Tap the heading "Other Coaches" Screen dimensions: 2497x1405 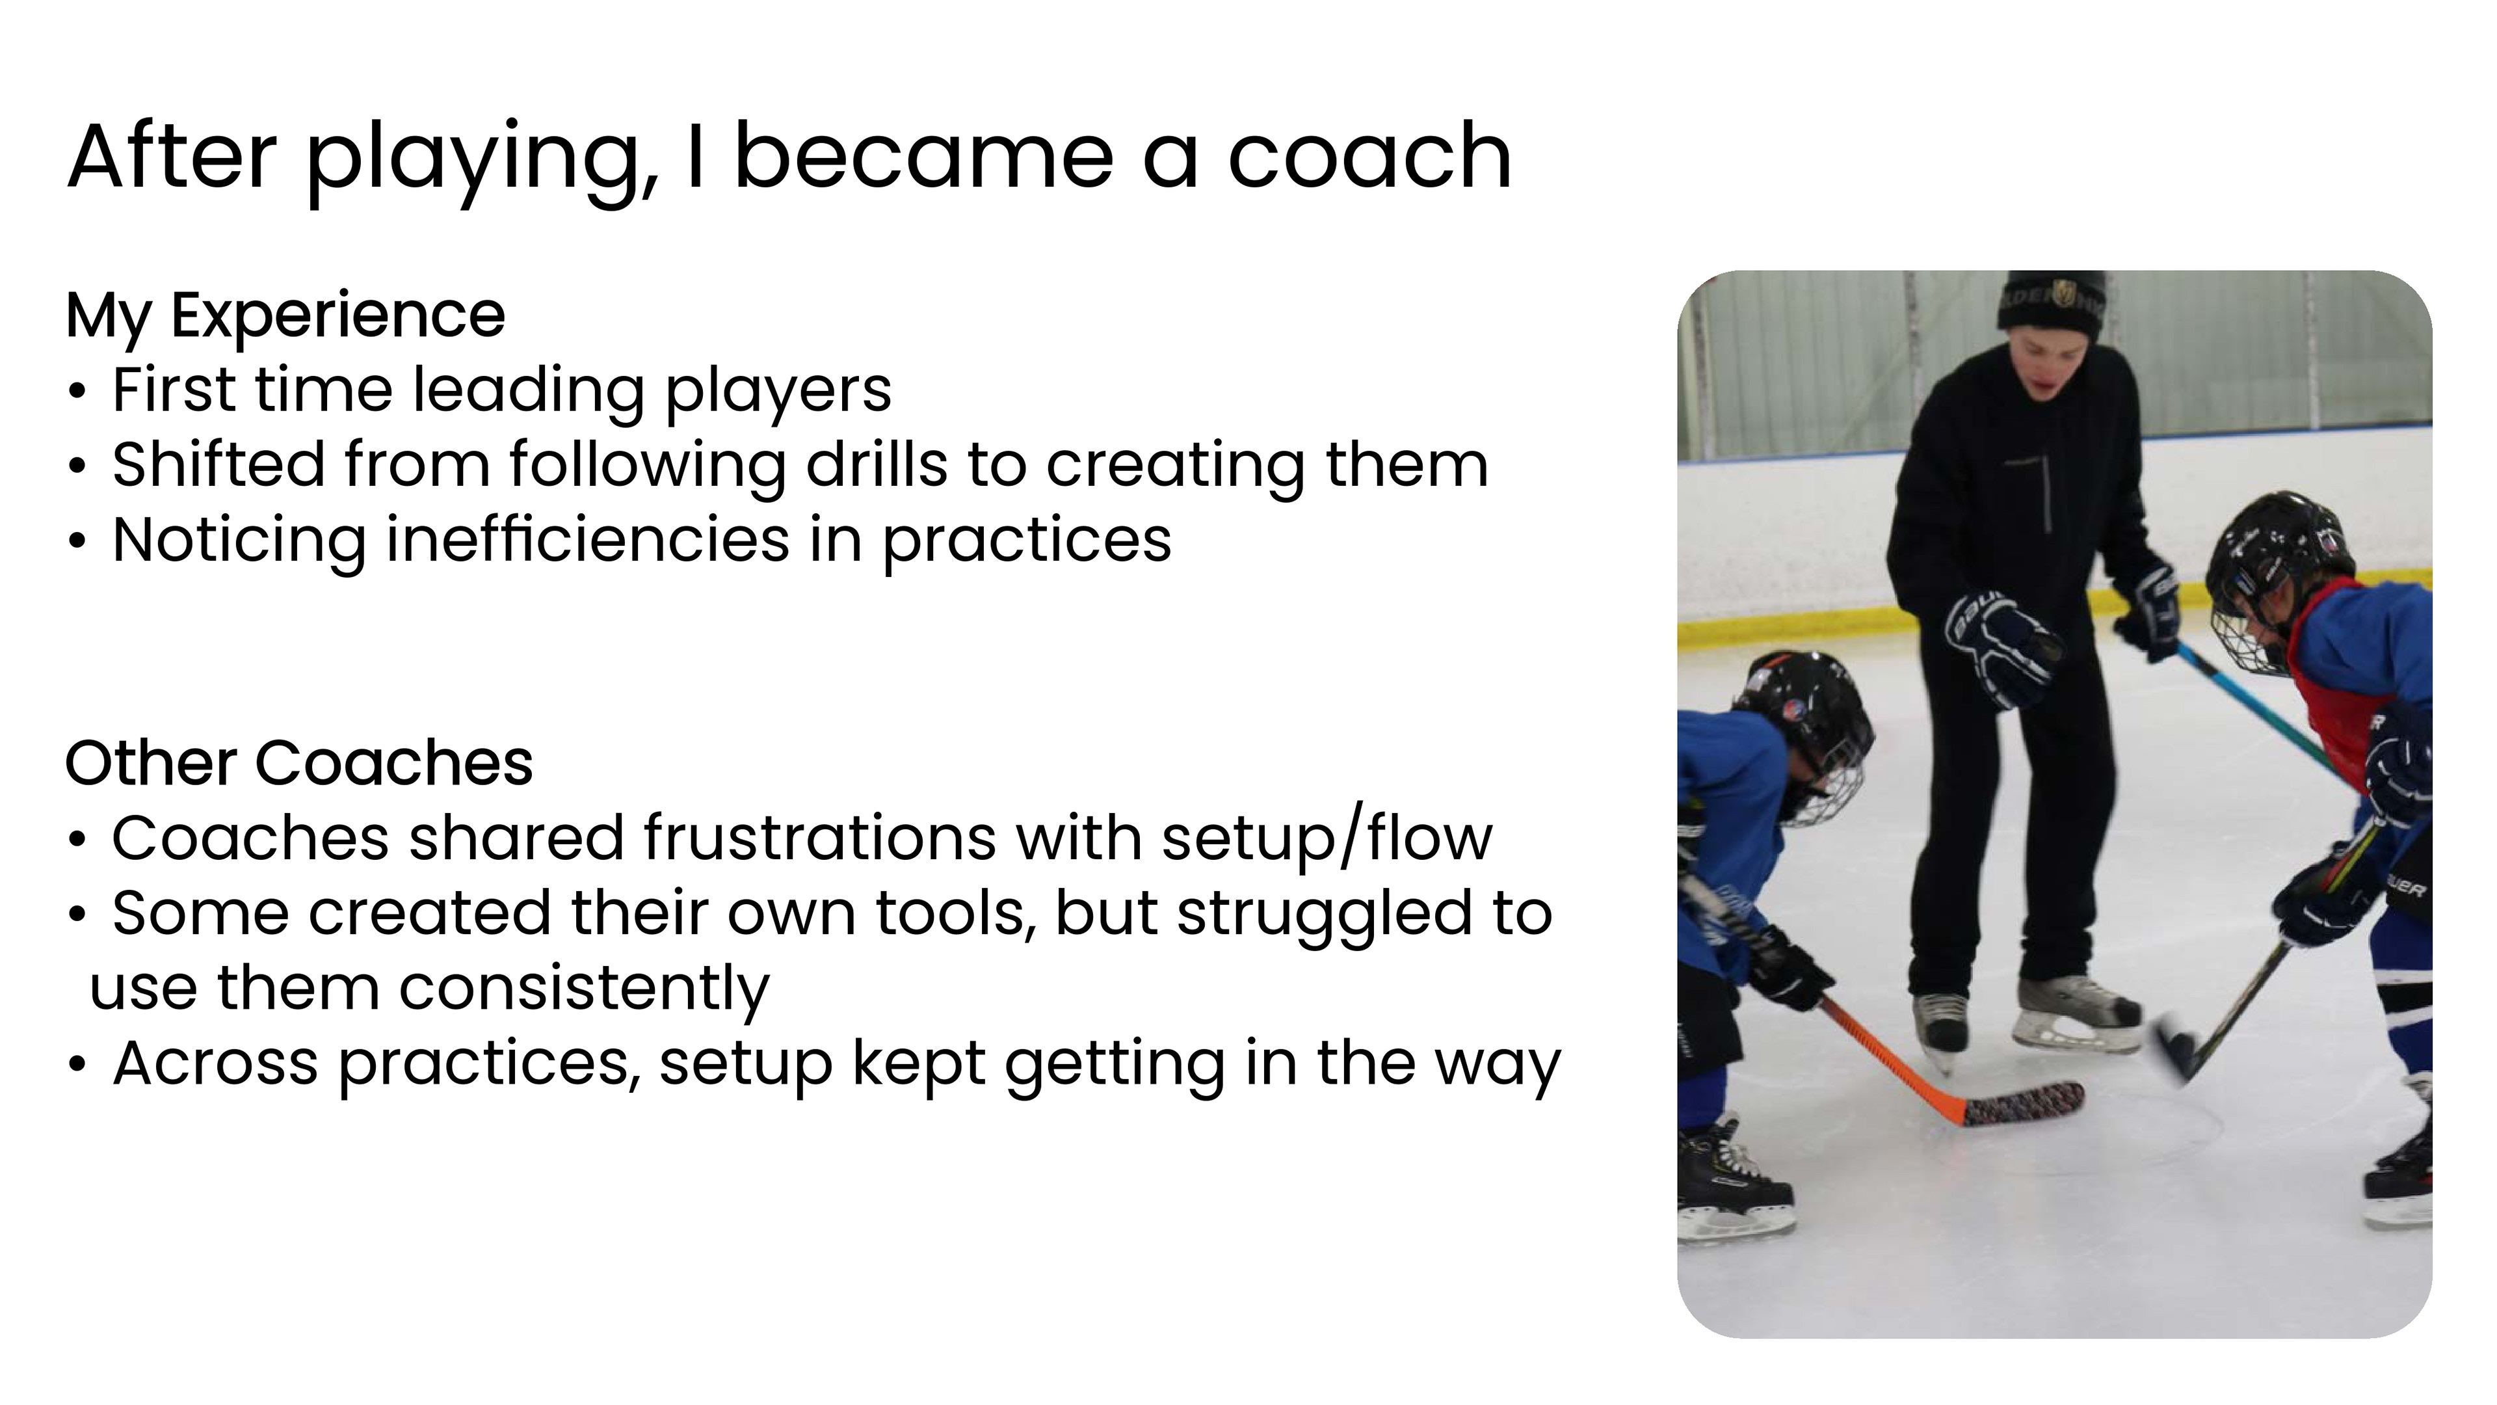point(298,763)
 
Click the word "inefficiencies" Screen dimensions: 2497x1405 point(587,539)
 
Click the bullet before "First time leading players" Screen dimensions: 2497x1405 point(77,393)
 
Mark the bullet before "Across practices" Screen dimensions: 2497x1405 point(77,1065)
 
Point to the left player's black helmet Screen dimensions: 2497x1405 point(1805,713)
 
